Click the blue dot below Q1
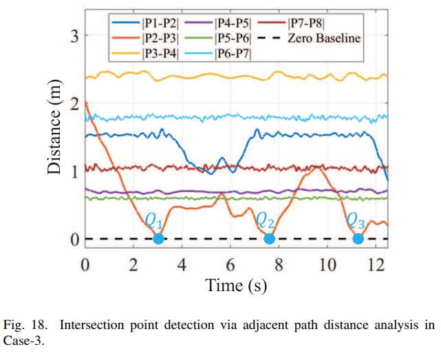click(x=158, y=239)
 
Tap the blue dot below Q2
click(x=269, y=239)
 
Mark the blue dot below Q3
click(x=358, y=239)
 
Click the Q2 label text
click(x=266, y=221)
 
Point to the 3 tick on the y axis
click(x=76, y=35)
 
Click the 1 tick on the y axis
click(x=76, y=171)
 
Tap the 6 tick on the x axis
click(x=230, y=265)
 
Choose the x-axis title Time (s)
click(x=236, y=284)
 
